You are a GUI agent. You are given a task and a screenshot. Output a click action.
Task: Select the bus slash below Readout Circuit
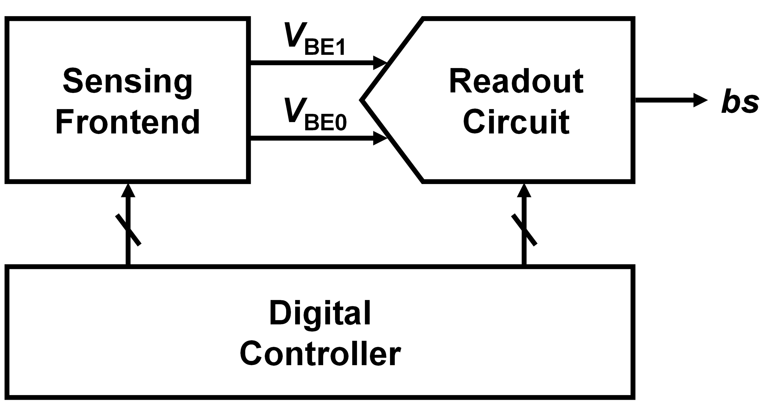(x=524, y=230)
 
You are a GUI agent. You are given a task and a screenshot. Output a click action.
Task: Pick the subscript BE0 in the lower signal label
(x=325, y=123)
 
